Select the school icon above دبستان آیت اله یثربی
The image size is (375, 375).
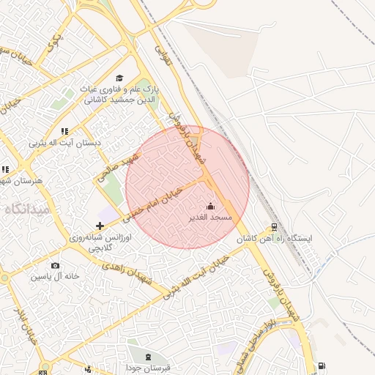(64, 131)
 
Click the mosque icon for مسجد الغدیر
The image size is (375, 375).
(211, 206)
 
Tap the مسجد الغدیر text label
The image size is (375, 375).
(211, 218)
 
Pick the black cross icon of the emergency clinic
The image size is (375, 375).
(100, 226)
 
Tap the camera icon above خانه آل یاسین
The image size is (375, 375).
(55, 265)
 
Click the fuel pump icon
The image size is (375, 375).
(322, 366)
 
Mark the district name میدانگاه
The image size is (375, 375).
(27, 209)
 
